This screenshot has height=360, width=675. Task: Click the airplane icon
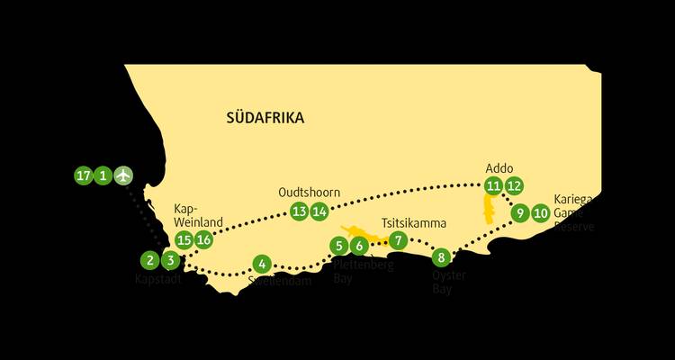coord(123,175)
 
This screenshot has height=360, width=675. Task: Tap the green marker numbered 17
coord(84,175)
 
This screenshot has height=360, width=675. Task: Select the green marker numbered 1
coord(103,175)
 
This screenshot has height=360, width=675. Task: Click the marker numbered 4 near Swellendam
coord(261,264)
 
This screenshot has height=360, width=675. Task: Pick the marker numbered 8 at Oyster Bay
coord(439,256)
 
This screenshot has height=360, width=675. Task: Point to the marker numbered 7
coord(399,240)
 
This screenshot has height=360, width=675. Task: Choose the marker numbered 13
coord(299,211)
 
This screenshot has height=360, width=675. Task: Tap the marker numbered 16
coord(203,239)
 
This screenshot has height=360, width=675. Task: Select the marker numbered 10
coord(540,213)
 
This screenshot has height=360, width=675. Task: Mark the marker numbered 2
coord(149,261)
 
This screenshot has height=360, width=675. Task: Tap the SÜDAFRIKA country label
coord(265,118)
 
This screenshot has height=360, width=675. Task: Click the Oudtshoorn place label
coord(310,191)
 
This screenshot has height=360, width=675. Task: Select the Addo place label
coord(499,168)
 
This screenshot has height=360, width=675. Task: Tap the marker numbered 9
coord(519,213)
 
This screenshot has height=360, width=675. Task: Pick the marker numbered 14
coord(319,211)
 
